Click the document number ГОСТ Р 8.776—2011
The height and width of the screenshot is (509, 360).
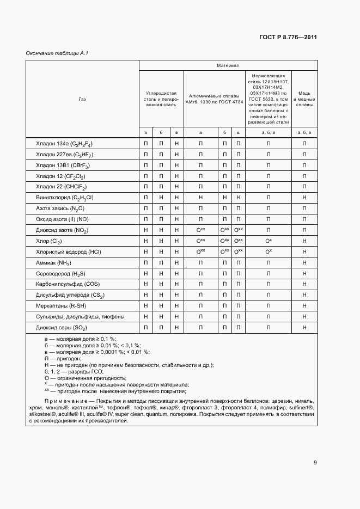(288, 38)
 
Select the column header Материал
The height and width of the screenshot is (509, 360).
(228, 65)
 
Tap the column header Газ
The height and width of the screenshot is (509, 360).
(82, 99)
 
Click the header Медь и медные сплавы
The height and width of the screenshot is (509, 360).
(304, 99)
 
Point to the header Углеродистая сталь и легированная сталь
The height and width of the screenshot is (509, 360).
(161, 99)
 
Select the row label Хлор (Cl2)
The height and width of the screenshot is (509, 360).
(49, 241)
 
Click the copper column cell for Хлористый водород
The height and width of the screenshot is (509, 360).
(304, 252)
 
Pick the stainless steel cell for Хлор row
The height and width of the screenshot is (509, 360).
(268, 241)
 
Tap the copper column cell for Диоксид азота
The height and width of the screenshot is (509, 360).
(304, 230)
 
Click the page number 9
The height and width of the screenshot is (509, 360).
(315, 463)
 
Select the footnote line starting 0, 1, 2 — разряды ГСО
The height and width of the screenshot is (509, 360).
(73, 371)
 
